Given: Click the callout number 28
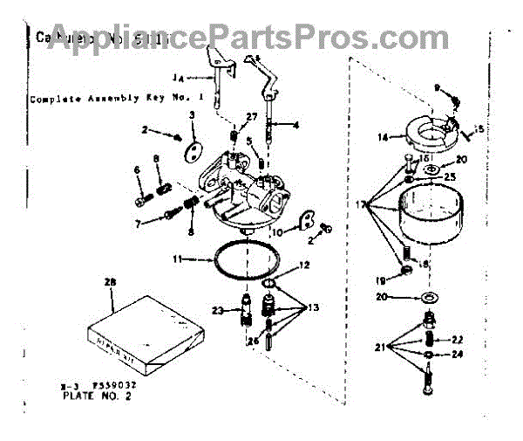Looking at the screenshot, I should pos(109,282).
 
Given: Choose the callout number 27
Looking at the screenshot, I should pos(252,117).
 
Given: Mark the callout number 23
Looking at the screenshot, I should pos(220,311).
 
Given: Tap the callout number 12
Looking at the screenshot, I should pos(304,265).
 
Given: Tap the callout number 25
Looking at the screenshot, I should pos(450,176).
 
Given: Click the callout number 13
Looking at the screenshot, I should pos(313,307).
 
